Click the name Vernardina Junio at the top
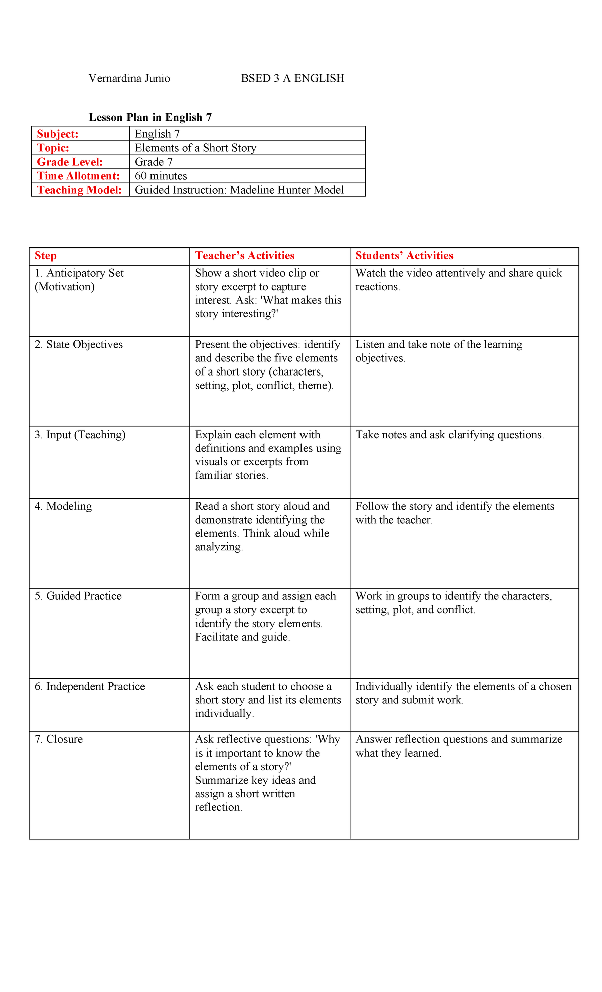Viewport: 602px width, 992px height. tap(129, 78)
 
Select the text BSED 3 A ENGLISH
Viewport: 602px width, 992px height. tap(292, 78)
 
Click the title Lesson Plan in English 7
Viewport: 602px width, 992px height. tap(150, 117)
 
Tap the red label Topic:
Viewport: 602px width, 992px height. tap(53, 148)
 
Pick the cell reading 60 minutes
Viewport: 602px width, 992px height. tap(161, 176)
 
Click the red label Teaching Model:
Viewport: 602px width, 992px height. tap(79, 190)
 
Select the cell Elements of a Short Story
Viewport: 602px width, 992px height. tap(196, 148)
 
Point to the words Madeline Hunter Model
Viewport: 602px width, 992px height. tap(287, 190)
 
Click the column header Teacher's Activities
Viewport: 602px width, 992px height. tap(244, 256)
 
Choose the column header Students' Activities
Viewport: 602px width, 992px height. tap(404, 256)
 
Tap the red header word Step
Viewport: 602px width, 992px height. tap(45, 256)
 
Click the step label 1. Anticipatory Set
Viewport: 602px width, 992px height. tap(79, 273)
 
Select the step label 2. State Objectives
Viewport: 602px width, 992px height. tap(78, 345)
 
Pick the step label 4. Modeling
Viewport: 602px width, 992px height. tap(63, 506)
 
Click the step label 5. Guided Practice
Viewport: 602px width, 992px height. tap(78, 596)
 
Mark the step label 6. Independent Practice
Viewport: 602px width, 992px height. tap(90, 687)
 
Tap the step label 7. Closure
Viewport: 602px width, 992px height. tap(59, 739)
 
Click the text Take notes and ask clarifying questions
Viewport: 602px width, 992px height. tap(449, 435)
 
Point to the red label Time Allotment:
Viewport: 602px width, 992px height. tap(78, 176)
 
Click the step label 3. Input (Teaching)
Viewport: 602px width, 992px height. tap(80, 435)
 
